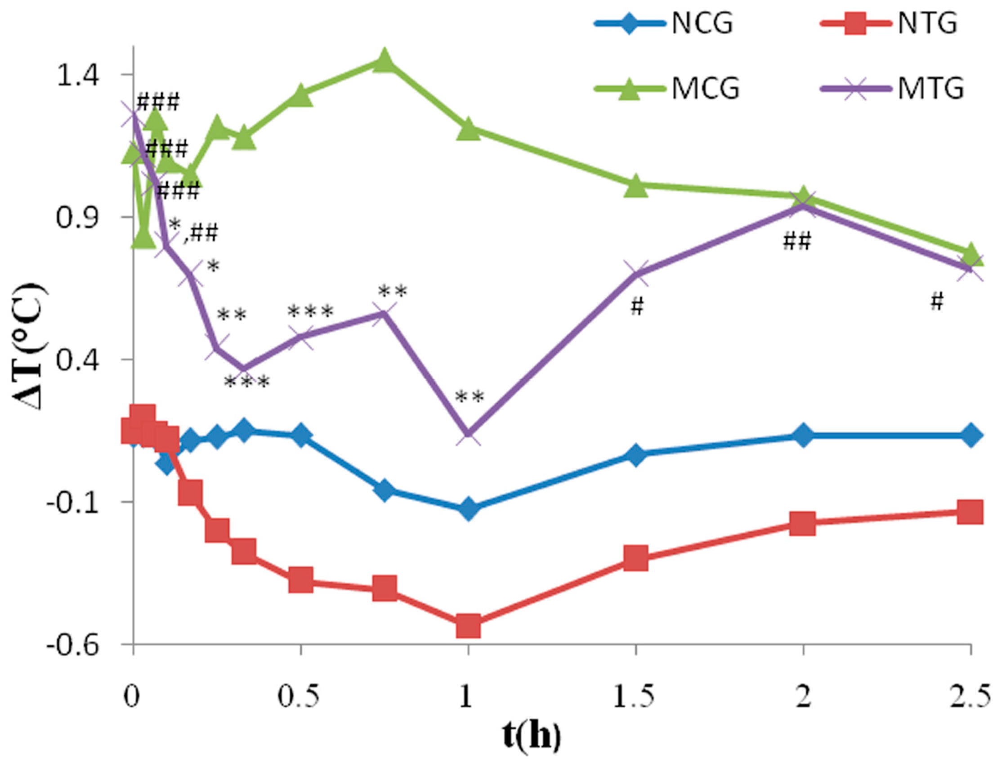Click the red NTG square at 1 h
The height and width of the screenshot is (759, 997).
468,625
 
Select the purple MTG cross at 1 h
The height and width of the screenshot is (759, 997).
468,434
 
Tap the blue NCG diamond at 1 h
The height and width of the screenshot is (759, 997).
468,509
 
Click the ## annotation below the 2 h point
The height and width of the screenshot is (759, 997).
797,241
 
